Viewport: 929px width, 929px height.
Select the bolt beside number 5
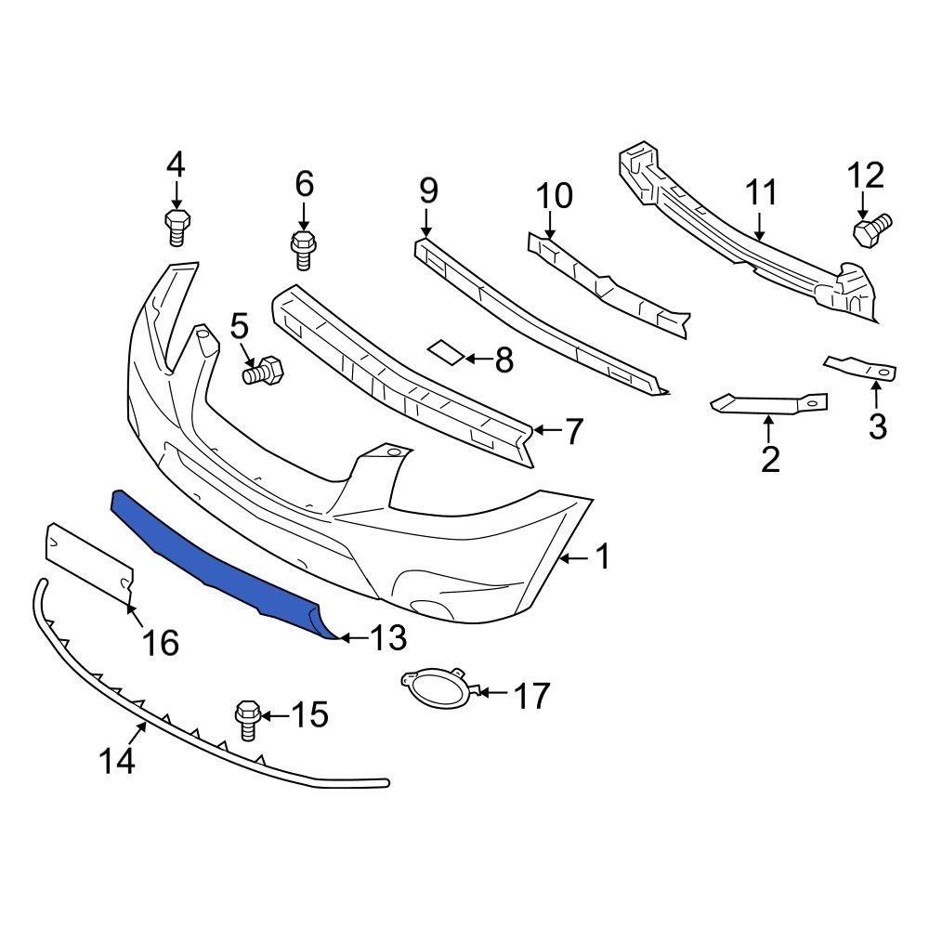265,371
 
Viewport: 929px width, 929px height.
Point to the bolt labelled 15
248,718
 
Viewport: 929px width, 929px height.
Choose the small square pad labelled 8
445,351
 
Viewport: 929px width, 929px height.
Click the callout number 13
388,638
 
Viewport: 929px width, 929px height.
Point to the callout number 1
602,557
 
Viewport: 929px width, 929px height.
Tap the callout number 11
762,193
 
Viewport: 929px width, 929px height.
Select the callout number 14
118,761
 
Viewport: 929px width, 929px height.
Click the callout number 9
427,190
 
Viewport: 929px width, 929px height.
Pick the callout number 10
555,196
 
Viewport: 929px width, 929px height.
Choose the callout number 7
573,431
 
